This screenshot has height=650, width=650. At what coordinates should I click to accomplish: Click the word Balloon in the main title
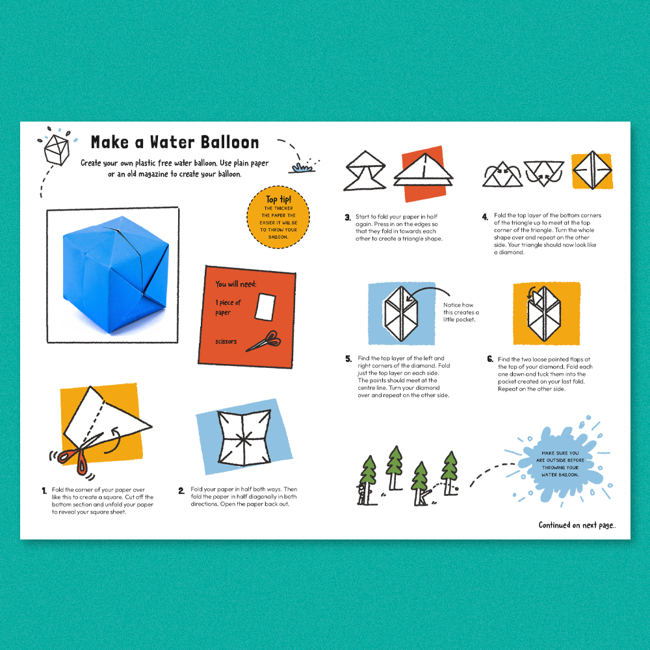coord(229,142)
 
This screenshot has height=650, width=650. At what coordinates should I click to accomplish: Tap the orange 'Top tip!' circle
coord(278,217)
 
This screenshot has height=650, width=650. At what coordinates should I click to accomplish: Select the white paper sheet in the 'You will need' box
coord(265,306)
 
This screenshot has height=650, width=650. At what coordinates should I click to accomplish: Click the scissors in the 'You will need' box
coord(264,341)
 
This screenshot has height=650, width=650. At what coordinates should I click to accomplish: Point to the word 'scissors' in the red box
coord(226,341)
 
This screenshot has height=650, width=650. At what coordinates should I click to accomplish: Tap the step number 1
coord(44,491)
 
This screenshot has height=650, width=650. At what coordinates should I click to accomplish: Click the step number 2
coord(181,491)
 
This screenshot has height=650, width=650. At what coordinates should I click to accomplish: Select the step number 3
coord(348,217)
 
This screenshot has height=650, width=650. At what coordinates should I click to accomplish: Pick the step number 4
coord(485,217)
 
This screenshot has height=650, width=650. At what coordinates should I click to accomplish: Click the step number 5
coord(348,359)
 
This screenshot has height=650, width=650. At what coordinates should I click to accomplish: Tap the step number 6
coord(490,359)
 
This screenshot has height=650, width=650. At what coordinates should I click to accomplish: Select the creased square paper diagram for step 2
coord(244,437)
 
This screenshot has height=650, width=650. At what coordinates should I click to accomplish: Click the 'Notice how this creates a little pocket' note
coord(461,312)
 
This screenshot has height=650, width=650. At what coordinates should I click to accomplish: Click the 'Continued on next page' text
coord(577,525)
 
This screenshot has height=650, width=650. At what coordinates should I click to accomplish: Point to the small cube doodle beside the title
coord(57,149)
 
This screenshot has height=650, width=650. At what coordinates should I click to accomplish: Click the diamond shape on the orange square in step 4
coord(592,170)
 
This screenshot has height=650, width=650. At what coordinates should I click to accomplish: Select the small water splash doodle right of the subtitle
coord(303,166)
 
